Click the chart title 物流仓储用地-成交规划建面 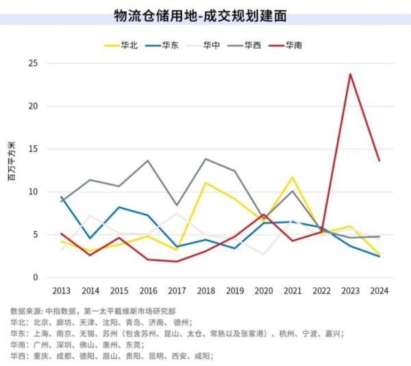(x=205, y=14)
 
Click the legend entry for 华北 (x=129, y=45)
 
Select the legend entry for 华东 (x=171, y=45)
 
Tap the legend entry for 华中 (x=212, y=45)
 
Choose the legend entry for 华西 (x=253, y=45)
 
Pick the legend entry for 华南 (x=295, y=45)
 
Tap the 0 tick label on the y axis (x=35, y=278)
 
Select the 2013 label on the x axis (x=62, y=291)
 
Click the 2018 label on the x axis (x=206, y=291)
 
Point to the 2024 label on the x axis (x=379, y=291)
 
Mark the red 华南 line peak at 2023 (x=350, y=74)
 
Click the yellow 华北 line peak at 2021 (x=292, y=177)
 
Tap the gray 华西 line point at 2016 (x=148, y=160)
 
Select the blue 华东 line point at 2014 (x=90, y=239)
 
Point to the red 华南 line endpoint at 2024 (x=379, y=160)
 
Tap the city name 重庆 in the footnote (x=41, y=356)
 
